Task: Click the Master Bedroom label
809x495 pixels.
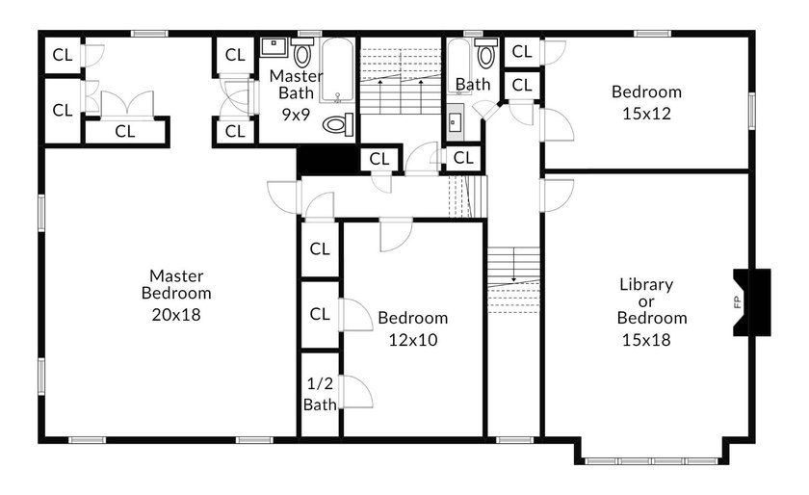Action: click(176, 284)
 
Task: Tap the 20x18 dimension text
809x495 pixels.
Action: click(176, 314)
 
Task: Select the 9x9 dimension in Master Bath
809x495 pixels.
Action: click(296, 114)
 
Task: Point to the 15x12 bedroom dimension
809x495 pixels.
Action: click(646, 113)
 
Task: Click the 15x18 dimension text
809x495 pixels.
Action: click(646, 340)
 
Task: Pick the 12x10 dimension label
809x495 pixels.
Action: click(413, 340)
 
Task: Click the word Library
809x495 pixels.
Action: click(646, 284)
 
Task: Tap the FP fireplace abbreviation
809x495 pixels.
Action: click(738, 301)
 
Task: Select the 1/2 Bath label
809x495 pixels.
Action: click(320, 393)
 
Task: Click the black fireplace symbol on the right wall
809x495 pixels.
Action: click(752, 302)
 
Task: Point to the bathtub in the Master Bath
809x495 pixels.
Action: click(337, 70)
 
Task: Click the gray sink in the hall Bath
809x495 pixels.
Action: click(455, 123)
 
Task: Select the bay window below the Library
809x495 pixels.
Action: click(652, 461)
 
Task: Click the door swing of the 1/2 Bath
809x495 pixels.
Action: click(357, 392)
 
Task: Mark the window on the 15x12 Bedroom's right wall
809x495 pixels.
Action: click(752, 111)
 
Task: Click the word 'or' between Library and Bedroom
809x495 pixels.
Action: click(646, 302)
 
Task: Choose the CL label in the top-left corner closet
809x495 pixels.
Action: click(63, 55)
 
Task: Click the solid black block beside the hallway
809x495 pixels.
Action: click(328, 160)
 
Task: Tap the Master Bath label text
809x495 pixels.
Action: click(296, 84)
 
